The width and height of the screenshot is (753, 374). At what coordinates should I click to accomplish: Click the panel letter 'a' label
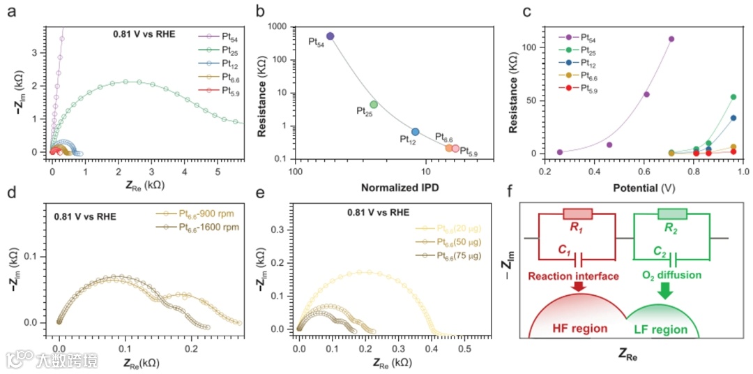tap(10, 12)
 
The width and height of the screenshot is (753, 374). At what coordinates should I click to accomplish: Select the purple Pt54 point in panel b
tap(330, 36)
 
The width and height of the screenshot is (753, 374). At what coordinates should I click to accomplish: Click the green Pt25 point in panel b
tap(374, 104)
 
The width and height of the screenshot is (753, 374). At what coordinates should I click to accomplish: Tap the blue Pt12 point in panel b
tap(416, 132)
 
